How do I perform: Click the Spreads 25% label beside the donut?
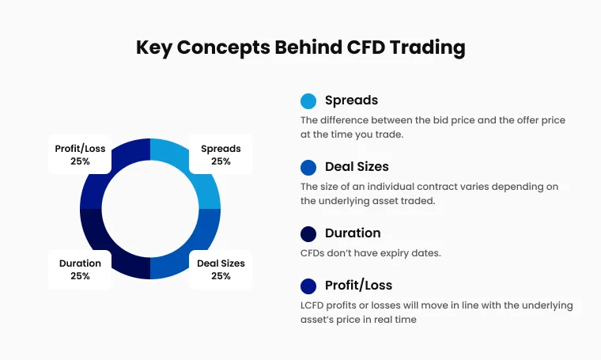[x=221, y=154]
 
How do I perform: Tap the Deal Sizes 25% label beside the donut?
[x=221, y=269]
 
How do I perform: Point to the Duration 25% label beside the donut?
[x=80, y=269]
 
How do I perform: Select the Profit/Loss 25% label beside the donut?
[x=80, y=154]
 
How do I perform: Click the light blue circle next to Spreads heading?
[x=308, y=101]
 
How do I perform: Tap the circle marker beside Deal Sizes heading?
[x=308, y=168]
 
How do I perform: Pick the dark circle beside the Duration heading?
[x=308, y=234]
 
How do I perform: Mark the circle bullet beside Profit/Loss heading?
[x=308, y=286]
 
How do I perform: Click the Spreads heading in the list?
[x=351, y=100]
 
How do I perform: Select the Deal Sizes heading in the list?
[x=357, y=167]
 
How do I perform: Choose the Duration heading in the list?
[x=353, y=233]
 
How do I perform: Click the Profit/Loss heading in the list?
[x=358, y=285]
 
